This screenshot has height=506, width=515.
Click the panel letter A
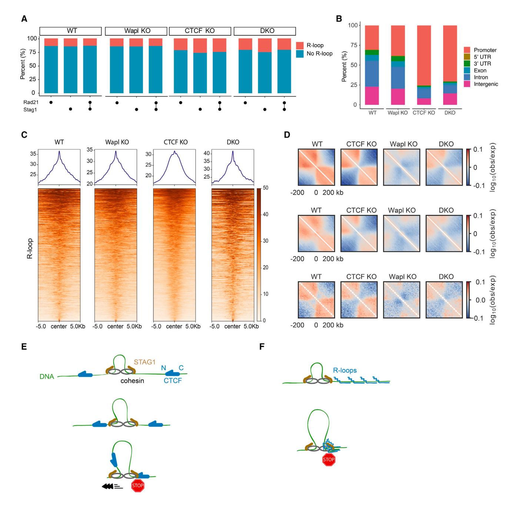(24, 19)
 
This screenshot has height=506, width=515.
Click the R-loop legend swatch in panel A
(300, 45)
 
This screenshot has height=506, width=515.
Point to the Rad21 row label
(27, 102)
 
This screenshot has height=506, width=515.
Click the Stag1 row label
(27, 109)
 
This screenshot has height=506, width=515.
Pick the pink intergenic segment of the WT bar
(372, 96)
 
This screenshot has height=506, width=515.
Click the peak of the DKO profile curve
(233, 151)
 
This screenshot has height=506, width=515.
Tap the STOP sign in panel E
(138, 486)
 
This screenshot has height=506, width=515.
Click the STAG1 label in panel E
(144, 362)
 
